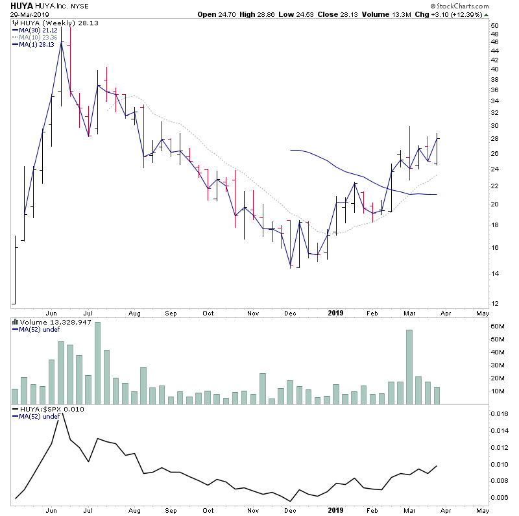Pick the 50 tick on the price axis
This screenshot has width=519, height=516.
pos(494,26)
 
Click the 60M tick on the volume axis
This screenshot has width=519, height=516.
pos(498,326)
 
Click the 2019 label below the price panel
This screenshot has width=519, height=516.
pos(335,312)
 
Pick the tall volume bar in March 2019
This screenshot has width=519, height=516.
pos(409,367)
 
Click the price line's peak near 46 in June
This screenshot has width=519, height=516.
pos(61,43)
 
